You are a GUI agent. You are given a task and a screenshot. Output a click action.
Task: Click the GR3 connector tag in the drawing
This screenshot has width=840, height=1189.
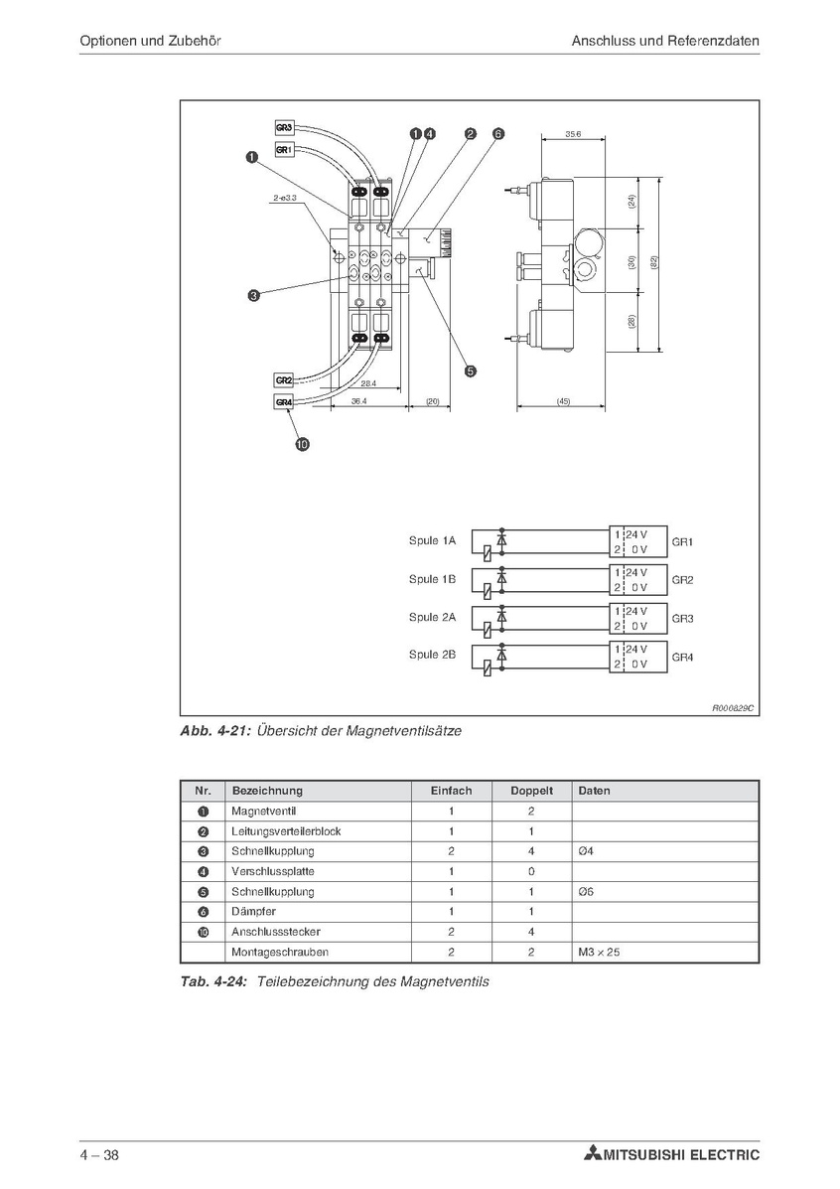284,127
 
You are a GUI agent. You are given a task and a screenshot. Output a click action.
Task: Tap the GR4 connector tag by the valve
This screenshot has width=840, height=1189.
284,401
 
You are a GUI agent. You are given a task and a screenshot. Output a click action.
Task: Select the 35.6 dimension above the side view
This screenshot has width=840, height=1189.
573,133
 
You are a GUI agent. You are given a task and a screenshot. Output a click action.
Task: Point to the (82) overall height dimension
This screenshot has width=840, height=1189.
653,262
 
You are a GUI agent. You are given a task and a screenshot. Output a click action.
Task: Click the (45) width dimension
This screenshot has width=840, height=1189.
563,401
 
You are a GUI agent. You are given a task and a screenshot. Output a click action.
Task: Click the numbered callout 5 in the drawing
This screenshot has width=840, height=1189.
471,371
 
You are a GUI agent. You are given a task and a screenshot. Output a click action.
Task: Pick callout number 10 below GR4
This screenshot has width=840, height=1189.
302,444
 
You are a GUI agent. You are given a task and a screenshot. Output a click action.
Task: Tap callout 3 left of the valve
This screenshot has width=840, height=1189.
254,294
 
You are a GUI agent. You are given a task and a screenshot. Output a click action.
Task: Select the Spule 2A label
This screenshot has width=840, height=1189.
432,617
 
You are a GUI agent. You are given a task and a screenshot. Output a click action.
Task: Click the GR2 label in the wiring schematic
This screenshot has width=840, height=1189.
682,580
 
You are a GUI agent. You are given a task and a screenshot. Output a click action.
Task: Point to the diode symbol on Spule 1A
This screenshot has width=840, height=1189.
501,540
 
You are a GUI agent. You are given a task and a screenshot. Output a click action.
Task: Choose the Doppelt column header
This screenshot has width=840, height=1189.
531,791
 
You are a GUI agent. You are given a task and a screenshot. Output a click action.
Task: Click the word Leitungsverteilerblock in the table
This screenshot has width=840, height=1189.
285,831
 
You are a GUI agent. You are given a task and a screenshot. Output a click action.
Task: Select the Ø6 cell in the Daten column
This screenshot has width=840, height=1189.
585,891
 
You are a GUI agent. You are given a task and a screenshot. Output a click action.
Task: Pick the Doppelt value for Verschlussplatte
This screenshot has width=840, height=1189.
531,871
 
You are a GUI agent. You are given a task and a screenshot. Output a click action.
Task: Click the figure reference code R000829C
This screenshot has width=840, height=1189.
734,708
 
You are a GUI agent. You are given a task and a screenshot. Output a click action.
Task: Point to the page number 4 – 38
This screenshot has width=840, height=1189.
100,1155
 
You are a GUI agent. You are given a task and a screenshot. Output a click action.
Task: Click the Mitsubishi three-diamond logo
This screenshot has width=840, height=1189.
594,1155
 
